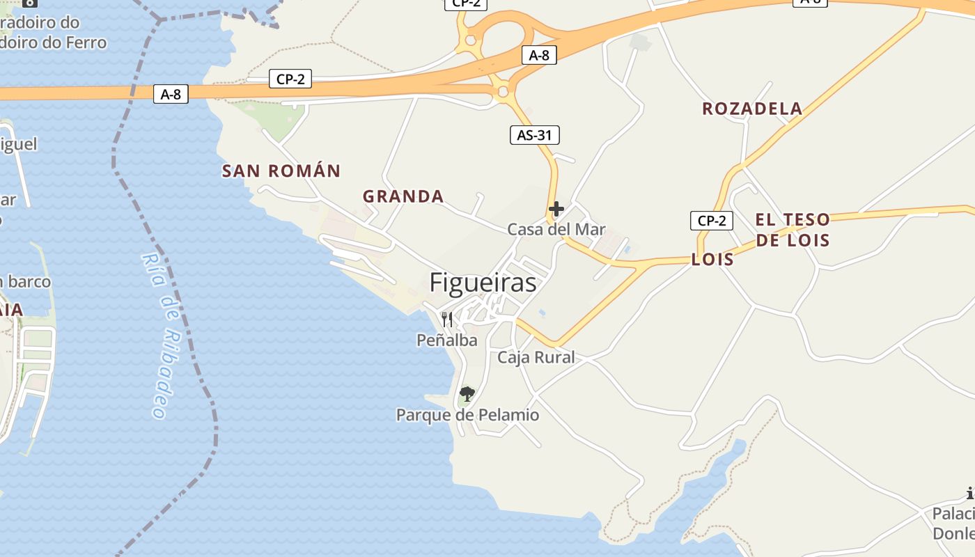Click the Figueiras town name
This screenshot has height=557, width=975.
pos(483,283)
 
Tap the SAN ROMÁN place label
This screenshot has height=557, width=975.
pos(281,171)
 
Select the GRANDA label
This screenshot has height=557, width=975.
pos(403,196)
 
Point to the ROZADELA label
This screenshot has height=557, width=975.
pos(752,109)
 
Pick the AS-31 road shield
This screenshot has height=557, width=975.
pos(534,135)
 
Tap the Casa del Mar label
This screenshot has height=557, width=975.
pos(556,229)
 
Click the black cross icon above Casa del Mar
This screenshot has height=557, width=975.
pos(556,208)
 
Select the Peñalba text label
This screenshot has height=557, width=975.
pos(446,340)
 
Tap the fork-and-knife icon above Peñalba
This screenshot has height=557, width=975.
pos(447,320)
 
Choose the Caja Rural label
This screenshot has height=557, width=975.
pos(536,357)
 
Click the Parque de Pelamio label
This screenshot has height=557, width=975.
pos(467,415)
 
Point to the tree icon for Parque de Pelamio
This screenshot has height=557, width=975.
pos(467,394)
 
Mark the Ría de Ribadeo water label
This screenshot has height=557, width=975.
pos(162,334)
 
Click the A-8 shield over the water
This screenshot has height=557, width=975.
pos(171,94)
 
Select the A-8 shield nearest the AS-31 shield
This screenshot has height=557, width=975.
pos(539,55)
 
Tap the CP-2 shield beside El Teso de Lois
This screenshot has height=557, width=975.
pos(712,221)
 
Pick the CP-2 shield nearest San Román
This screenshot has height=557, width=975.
pos(290,79)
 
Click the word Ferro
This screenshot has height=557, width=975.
pos(86,42)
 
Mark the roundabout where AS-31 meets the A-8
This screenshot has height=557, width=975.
pos(501,91)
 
